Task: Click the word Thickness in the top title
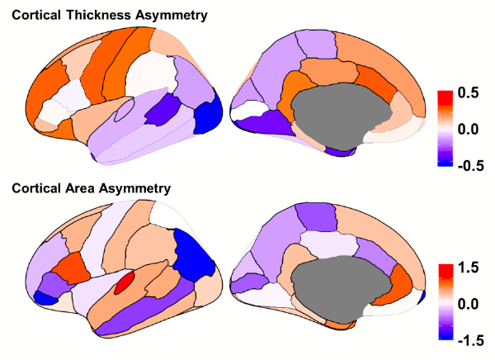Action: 101,16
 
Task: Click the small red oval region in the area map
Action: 125,282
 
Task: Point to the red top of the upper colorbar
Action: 445,97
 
